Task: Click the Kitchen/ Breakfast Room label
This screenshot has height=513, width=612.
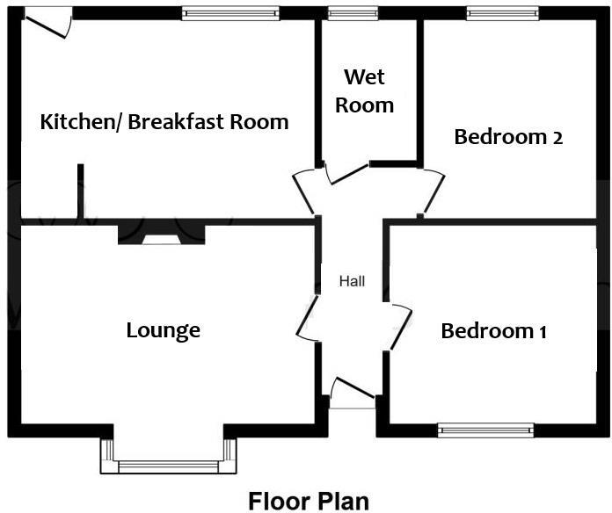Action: pos(164,121)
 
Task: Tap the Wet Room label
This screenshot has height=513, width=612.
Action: pos(368,91)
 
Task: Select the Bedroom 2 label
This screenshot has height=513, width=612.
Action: pos(508,137)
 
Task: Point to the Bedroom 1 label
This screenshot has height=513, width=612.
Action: pos(494,331)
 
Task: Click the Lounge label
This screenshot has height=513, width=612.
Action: pos(164,330)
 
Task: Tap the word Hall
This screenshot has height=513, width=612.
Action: pos(353,282)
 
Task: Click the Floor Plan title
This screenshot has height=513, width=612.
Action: pos(309,501)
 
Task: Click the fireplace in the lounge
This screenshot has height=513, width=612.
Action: pos(162,235)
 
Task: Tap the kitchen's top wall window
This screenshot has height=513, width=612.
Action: pos(230,13)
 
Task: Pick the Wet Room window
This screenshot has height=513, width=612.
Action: pos(353,13)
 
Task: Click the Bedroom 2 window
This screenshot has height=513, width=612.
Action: pos(502,13)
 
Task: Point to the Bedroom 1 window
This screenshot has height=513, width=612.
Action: pos(485,430)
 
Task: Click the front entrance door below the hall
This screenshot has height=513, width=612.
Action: pos(353,394)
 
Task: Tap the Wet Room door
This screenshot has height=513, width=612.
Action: pos(346,170)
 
